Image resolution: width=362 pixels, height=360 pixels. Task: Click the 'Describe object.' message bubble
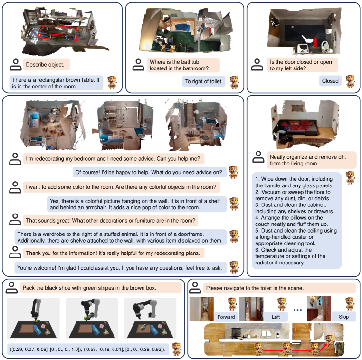[x=47, y=65]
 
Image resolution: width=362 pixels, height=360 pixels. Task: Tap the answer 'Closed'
[x=330, y=81]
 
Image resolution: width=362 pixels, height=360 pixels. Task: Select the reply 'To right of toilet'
[x=203, y=81]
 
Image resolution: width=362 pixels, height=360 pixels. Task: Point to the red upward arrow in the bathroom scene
[x=315, y=41]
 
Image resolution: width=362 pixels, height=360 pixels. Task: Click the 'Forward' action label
[x=226, y=317]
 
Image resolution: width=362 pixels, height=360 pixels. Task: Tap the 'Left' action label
[x=276, y=317]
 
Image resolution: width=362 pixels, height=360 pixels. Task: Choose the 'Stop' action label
[x=343, y=317]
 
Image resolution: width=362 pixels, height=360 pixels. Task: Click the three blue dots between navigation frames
[x=297, y=310]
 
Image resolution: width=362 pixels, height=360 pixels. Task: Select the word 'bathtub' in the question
[x=190, y=62]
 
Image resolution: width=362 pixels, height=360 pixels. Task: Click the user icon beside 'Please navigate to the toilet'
[x=195, y=288]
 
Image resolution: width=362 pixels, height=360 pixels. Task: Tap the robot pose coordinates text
[x=88, y=349]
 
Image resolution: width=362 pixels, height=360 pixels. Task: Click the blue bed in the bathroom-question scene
[x=182, y=27]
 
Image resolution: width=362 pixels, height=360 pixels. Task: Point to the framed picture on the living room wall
[x=297, y=108]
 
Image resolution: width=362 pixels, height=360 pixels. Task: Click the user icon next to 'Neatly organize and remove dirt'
[x=258, y=156]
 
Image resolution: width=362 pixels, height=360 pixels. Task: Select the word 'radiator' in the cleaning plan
[x=264, y=263]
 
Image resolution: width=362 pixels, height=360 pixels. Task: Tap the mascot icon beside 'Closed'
[x=350, y=81]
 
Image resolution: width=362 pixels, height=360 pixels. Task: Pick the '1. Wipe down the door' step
[x=294, y=182]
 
